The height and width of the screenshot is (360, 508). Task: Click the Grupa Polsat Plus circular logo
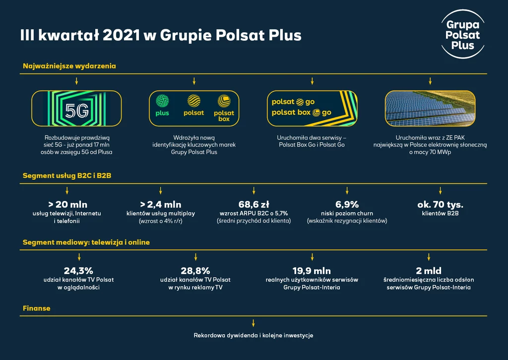(463, 34)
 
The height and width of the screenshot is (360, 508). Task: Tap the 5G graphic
(76, 108)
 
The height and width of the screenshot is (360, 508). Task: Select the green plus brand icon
(162, 101)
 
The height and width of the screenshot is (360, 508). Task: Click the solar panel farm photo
(430, 108)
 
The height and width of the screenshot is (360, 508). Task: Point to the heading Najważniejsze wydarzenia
(69, 66)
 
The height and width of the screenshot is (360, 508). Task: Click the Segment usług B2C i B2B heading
(67, 175)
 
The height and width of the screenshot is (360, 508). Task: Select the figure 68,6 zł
(254, 204)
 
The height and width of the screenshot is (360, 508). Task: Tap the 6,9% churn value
(347, 204)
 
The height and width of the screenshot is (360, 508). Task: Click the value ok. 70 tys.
(441, 204)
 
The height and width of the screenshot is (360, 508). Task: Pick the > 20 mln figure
(67, 204)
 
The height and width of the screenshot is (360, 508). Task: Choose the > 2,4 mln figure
(161, 204)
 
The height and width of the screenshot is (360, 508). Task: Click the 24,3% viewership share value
(78, 271)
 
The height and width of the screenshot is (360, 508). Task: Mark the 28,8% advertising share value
(195, 271)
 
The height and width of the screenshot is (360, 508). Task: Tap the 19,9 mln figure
(312, 271)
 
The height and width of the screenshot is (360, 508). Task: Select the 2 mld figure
(429, 271)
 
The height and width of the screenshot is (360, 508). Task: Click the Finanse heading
(37, 308)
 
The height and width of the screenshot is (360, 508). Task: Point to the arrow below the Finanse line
(254, 323)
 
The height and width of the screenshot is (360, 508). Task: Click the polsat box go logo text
(301, 113)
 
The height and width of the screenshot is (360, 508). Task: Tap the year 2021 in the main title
(121, 35)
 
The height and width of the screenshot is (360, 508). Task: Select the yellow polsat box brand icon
(224, 101)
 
